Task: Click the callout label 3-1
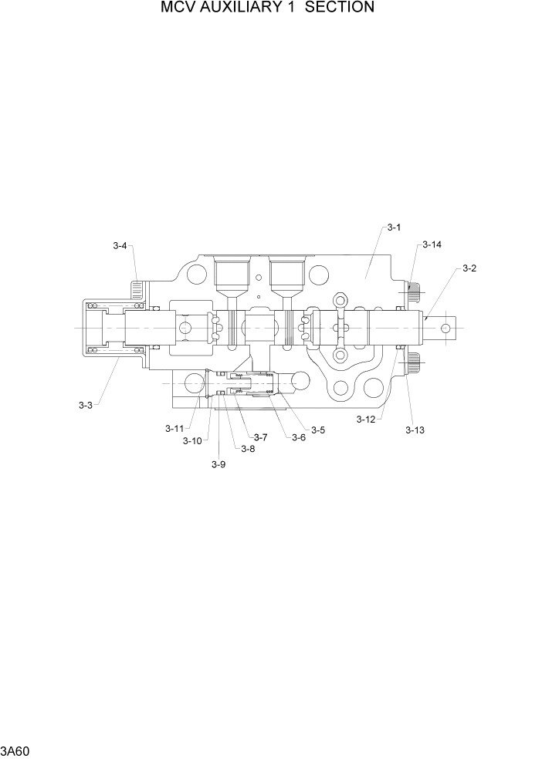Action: click(x=394, y=227)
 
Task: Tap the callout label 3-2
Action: click(x=469, y=268)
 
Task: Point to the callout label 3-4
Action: click(x=120, y=246)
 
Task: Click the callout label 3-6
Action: click(x=298, y=437)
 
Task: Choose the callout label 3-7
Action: click(x=260, y=437)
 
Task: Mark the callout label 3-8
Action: click(x=247, y=449)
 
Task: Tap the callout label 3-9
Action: click(x=218, y=463)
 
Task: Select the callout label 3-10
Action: click(x=192, y=440)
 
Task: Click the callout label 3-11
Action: click(x=174, y=428)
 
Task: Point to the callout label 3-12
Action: click(x=366, y=419)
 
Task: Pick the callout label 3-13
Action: click(x=415, y=430)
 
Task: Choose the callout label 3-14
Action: click(x=432, y=244)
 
